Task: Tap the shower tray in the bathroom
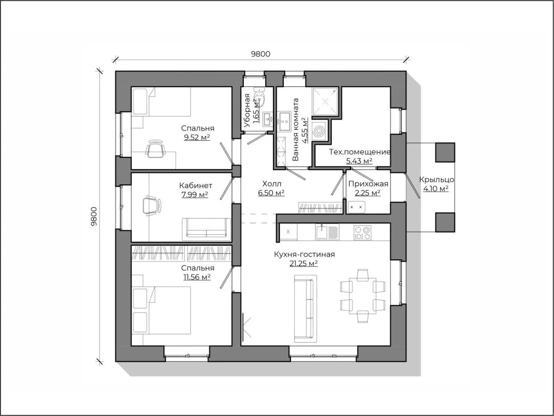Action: (x=325, y=102)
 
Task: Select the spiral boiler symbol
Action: (x=318, y=131)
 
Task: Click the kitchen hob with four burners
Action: (x=362, y=233)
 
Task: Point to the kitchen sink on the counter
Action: (x=327, y=232)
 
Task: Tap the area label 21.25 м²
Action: (x=304, y=263)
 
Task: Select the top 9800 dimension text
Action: (x=261, y=54)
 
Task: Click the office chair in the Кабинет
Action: (x=152, y=205)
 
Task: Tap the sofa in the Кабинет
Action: (x=206, y=230)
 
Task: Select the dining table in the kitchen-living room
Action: (x=363, y=296)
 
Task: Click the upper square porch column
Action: (x=445, y=152)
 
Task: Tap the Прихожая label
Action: (x=368, y=184)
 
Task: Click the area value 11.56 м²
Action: (x=197, y=277)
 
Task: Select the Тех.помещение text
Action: (x=360, y=152)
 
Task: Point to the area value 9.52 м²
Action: (x=197, y=138)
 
